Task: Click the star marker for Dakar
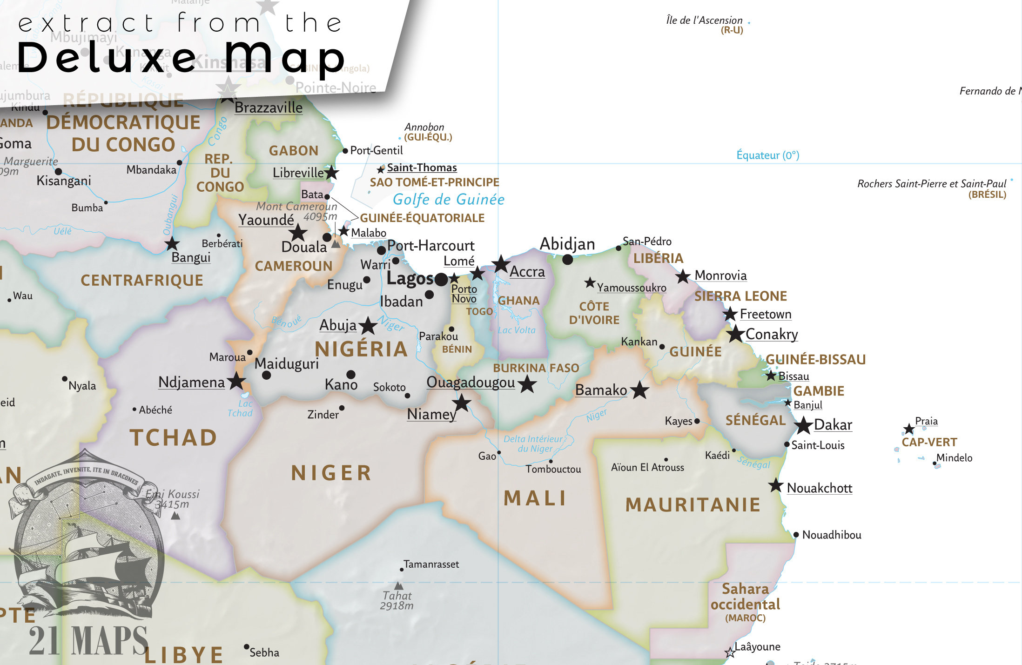[x=803, y=425]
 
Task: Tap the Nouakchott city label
[x=819, y=488]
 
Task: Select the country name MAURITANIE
[x=693, y=505]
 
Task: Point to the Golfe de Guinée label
[x=448, y=200]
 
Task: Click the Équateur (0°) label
[x=767, y=155]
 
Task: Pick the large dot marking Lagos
[x=441, y=280]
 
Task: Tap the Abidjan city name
[x=567, y=244]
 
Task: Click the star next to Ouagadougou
[x=527, y=384]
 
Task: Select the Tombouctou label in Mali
[x=553, y=469]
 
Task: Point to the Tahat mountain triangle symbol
[x=399, y=585]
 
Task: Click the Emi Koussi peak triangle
[x=175, y=516]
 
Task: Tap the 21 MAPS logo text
[x=88, y=641]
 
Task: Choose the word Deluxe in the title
[x=107, y=58]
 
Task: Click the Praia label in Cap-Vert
[x=926, y=421]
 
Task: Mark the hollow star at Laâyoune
[x=730, y=652]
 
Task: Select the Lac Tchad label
[x=240, y=409]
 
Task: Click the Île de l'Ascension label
[x=704, y=20]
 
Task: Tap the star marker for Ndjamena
[x=236, y=381]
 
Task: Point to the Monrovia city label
[x=720, y=275]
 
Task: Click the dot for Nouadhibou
[x=796, y=535]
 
